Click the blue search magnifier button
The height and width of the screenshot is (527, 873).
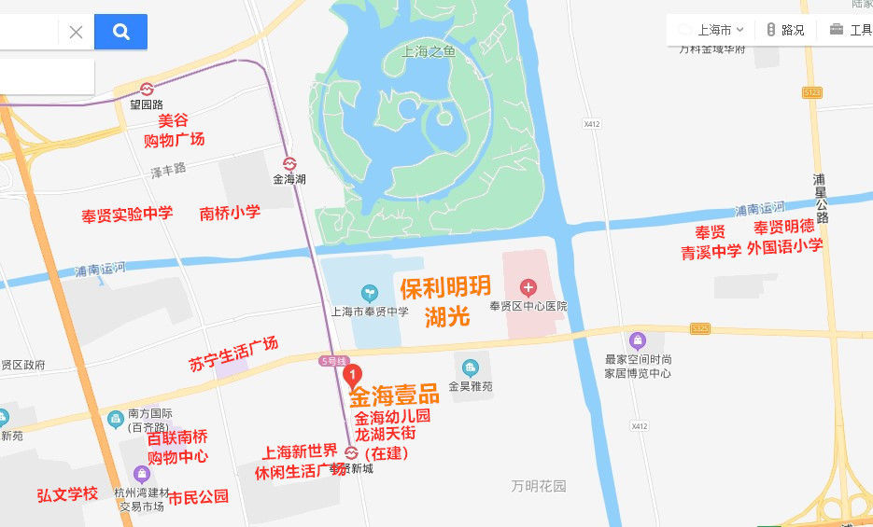click(120, 32)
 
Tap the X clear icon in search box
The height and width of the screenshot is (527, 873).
click(76, 32)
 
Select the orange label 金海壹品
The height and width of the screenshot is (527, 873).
click(395, 396)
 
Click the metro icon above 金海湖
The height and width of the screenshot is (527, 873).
click(289, 161)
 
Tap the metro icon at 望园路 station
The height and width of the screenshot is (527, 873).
click(147, 89)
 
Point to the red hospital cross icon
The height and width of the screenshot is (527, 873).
click(528, 286)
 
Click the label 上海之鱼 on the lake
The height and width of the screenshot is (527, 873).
click(429, 52)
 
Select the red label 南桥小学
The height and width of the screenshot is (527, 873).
click(230, 213)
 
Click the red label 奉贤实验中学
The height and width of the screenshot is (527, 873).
click(127, 215)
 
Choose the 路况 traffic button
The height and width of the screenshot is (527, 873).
click(784, 30)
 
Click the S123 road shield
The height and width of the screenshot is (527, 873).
click(811, 92)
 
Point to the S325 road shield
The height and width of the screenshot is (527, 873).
click(701, 329)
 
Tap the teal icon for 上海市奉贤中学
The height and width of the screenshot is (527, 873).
click(369, 293)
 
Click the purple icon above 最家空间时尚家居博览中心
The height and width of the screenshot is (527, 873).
click(638, 340)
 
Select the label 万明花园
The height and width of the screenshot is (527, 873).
click(539, 486)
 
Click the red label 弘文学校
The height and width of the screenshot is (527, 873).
click(67, 493)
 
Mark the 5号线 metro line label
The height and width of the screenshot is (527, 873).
click(333, 361)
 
